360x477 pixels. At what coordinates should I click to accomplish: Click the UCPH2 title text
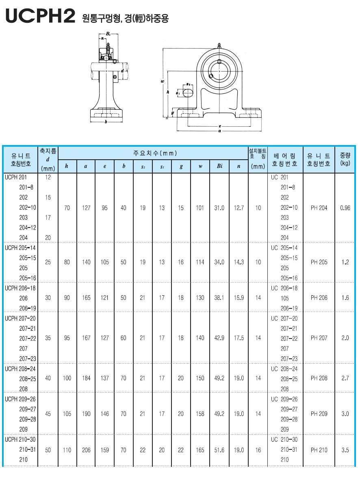click(40, 16)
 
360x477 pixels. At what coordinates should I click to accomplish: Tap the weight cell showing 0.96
click(345, 208)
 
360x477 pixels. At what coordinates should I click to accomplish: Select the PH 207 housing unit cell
click(319, 338)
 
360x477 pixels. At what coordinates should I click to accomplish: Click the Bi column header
click(219, 166)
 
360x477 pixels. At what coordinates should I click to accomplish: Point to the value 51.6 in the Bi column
click(219, 450)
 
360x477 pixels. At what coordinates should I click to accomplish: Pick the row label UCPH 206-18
click(20, 288)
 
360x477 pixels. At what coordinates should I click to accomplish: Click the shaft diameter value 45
click(48, 414)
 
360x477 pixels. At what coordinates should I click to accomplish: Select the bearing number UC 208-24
click(284, 369)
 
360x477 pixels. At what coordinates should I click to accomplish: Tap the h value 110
click(67, 450)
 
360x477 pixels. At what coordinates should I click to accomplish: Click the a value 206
click(86, 450)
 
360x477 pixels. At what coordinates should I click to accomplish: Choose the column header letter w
click(200, 167)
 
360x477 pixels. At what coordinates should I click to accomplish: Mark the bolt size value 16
click(258, 450)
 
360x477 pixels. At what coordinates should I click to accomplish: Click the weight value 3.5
click(345, 450)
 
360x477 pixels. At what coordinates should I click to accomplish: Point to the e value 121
click(105, 298)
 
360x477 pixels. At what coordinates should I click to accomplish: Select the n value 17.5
click(239, 338)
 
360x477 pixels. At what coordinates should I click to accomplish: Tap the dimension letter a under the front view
click(219, 131)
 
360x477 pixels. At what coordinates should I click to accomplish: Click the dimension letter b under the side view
click(106, 122)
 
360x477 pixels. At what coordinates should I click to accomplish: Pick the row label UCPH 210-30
click(20, 440)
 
